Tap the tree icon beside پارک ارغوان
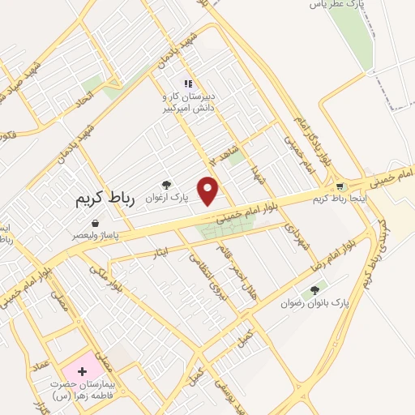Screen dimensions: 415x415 167,185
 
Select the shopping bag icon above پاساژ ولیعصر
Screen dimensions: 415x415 96,223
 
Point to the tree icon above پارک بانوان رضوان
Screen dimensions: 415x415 314,290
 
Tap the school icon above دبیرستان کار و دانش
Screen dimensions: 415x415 188,83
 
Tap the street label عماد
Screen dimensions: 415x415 42,366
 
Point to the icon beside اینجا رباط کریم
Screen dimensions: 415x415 341,186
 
